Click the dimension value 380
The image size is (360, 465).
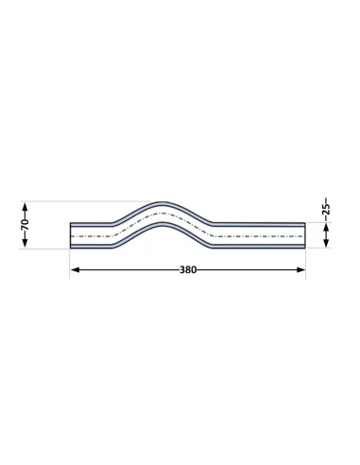click(x=188, y=270)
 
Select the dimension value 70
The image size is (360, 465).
click(x=26, y=223)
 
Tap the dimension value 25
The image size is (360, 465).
click(x=326, y=208)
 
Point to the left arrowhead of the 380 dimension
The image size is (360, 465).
click(x=75, y=270)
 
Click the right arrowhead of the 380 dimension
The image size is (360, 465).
click(x=300, y=270)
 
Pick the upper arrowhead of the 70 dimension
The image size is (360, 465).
click(x=26, y=207)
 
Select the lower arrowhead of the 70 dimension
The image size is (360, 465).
click(x=26, y=242)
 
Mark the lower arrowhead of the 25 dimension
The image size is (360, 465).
click(x=326, y=243)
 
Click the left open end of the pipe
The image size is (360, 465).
click(x=70, y=235)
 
